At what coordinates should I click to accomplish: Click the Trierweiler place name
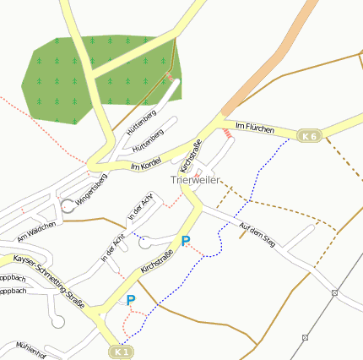[x=195, y=180]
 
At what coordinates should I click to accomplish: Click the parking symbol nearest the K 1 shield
[x=131, y=299]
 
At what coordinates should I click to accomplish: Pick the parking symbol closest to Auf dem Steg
[x=186, y=241]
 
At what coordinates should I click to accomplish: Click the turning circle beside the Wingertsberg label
[x=67, y=204]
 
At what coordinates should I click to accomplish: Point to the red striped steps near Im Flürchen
[x=227, y=133]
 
